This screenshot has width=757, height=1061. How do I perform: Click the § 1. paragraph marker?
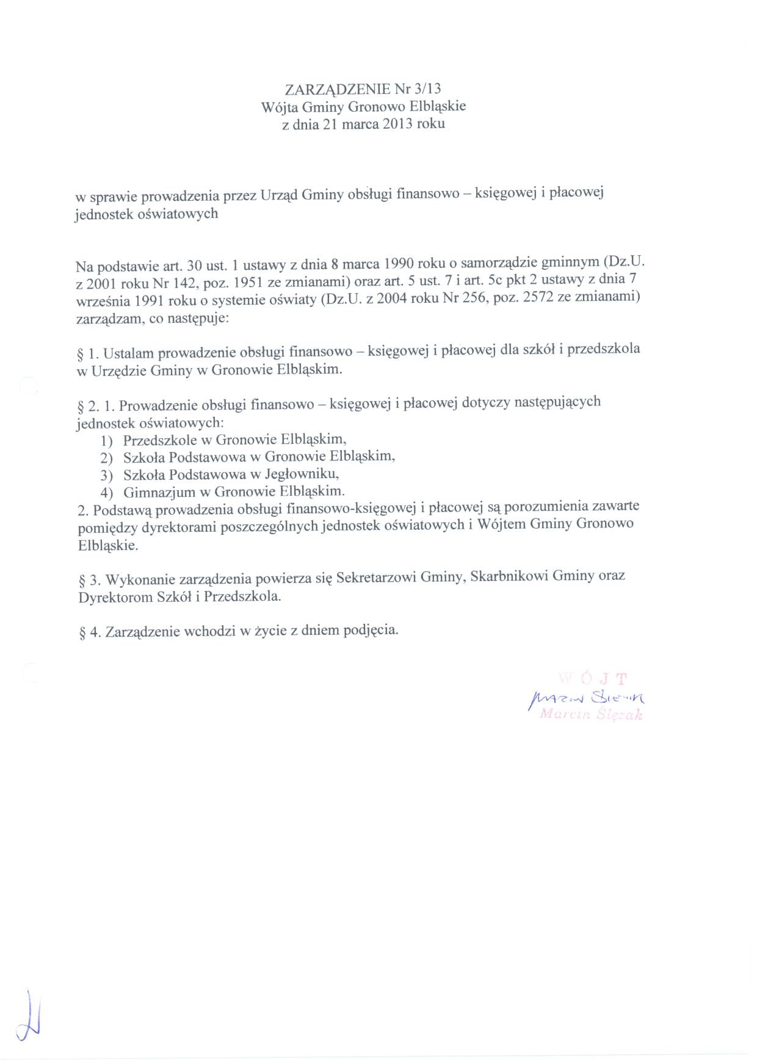click(89, 354)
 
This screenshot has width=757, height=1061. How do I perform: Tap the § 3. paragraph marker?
click(89, 579)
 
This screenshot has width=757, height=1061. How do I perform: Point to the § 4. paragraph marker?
click(90, 632)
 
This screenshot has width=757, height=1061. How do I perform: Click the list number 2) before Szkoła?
click(107, 458)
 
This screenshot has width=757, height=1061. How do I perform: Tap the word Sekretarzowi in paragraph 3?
click(375, 578)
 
